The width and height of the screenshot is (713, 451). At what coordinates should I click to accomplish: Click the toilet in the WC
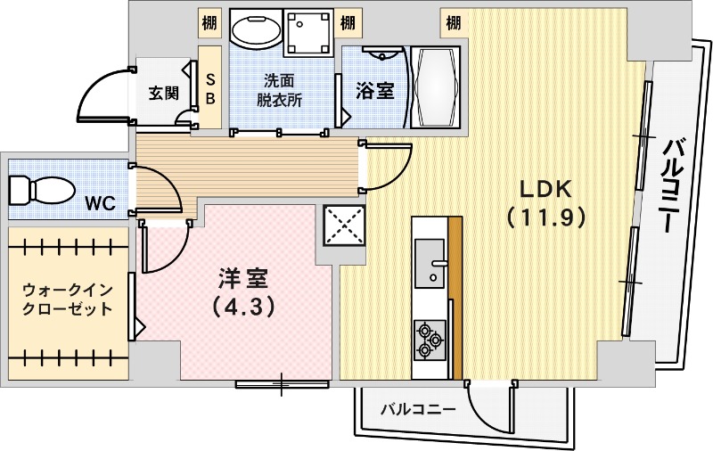(x=41, y=190)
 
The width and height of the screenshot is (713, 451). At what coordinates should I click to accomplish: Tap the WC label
(x=100, y=203)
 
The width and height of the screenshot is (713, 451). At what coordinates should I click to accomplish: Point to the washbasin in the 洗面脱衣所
(x=256, y=31)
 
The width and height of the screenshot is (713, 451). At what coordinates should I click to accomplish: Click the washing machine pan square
(x=309, y=32)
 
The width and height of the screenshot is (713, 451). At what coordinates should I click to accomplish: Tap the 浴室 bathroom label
(x=374, y=90)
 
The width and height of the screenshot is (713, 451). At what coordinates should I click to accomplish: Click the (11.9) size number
(x=545, y=217)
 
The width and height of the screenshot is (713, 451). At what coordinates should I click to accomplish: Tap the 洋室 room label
(x=242, y=278)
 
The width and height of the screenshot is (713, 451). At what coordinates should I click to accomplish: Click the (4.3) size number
(x=242, y=306)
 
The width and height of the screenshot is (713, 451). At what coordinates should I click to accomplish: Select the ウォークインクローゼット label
(x=68, y=299)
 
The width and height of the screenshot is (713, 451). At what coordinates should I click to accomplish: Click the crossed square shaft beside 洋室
(x=344, y=223)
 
